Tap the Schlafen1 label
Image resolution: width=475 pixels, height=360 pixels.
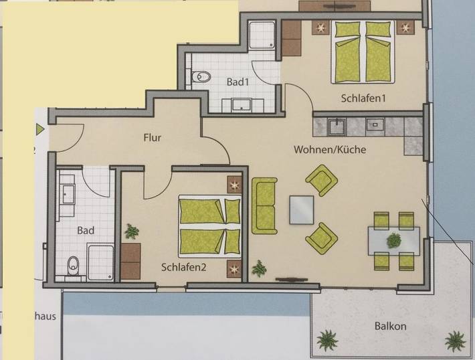tap(364, 98)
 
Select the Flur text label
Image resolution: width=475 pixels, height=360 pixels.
tap(152, 138)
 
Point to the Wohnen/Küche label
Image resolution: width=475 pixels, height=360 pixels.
tap(330, 150)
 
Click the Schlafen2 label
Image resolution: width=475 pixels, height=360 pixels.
tap(183, 266)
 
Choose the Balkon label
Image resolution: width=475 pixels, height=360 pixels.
tap(391, 327)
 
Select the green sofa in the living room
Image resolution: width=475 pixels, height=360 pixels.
tap(264, 205)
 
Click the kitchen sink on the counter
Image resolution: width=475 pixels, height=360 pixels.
tap(375, 124)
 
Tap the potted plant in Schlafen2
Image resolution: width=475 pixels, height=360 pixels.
tap(132, 232)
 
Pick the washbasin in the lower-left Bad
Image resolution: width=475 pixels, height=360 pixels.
tap(68, 193)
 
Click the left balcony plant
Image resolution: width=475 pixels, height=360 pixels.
tap(328, 339)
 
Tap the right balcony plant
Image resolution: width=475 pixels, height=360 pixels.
tap(456, 340)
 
